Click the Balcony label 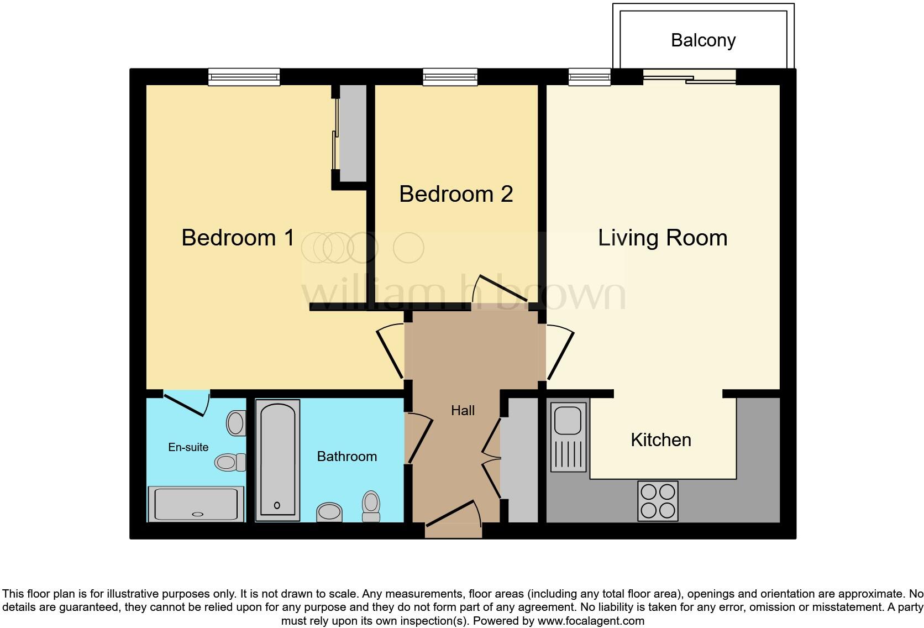703,40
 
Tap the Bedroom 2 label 456,194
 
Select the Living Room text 662,238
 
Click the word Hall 463,410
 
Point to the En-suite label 188,447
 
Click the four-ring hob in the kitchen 658,501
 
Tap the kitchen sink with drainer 568,437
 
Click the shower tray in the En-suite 196,504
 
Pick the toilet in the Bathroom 371,506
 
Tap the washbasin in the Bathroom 329,512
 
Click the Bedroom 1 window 244,77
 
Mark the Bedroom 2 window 450,77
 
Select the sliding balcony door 690,77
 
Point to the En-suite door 186,402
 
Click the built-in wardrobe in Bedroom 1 353,133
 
